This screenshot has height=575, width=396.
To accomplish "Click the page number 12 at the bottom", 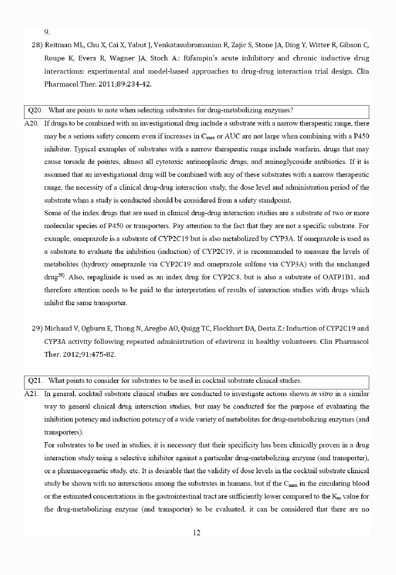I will click(197, 533).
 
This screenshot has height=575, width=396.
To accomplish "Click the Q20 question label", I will click(35, 110).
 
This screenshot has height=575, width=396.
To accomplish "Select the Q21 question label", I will click(35, 381).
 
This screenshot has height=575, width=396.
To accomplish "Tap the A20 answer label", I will click(32, 123).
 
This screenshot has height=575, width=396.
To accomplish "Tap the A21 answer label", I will click(32, 394).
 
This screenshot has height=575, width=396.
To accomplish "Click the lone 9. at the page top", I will click(47, 32).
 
